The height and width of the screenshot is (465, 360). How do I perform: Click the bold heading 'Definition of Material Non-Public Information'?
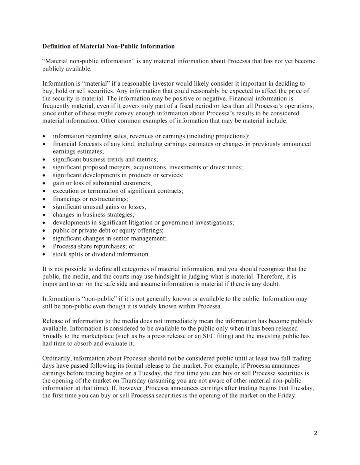coord(108,46)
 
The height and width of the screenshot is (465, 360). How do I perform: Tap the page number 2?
coord(316,433)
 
